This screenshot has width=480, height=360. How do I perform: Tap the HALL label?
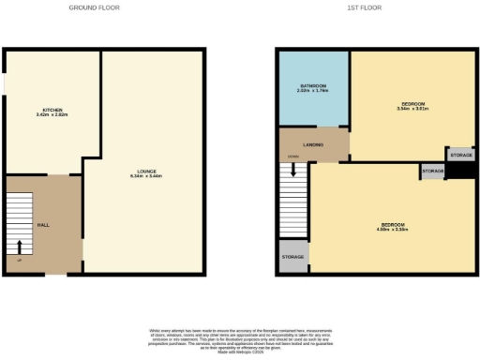click(43, 226)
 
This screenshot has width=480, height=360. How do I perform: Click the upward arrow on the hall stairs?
click(20, 247)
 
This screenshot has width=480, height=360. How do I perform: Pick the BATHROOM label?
click(313, 86)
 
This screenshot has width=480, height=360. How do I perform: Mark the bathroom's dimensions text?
click(313, 92)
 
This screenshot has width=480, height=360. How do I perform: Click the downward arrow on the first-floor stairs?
click(293, 171)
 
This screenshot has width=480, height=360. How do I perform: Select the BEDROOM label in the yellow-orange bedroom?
click(412, 103)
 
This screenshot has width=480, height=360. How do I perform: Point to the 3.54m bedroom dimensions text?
click(412, 109)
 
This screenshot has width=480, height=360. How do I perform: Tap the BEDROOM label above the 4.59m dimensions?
click(393, 224)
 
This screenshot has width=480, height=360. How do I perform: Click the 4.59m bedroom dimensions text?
click(393, 230)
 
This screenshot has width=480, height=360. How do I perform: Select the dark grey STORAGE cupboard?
click(460, 155)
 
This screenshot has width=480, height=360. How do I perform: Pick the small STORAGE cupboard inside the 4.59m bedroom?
click(432, 172)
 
